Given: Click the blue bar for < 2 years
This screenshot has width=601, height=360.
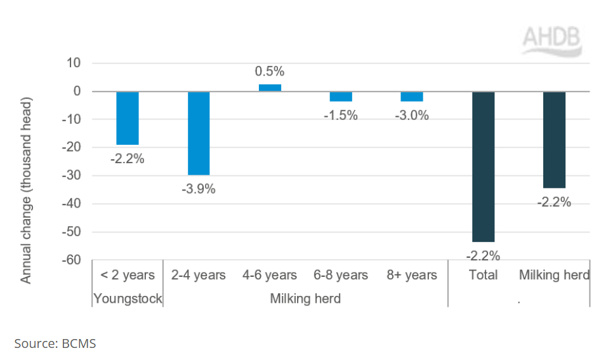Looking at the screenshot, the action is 128,118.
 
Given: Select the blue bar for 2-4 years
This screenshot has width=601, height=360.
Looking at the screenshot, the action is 199,133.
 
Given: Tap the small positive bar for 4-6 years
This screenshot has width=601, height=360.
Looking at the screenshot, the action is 270,88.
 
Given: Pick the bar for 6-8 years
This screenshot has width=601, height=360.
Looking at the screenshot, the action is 341,97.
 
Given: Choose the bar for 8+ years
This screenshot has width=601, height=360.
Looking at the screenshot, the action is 412,97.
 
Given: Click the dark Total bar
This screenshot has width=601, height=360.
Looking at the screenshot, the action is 484,167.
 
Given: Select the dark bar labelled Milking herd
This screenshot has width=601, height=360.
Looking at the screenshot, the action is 554,140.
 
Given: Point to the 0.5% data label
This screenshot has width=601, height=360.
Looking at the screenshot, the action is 270,71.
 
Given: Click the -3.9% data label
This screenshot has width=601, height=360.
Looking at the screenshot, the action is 199,189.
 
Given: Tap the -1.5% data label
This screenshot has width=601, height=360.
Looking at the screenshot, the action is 341,115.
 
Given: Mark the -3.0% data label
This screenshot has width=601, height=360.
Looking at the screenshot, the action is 412,115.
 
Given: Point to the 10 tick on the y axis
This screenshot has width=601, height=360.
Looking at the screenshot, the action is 74,63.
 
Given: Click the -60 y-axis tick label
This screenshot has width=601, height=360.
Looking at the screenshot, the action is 72,260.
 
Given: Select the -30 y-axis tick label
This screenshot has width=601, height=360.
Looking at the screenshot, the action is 72,176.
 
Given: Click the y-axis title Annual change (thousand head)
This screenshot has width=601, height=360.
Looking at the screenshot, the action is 25,190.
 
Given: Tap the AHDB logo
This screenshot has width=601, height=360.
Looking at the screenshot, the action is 552,41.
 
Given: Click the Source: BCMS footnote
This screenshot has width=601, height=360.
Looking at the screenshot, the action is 55,343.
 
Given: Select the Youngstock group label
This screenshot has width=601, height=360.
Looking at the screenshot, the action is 128,298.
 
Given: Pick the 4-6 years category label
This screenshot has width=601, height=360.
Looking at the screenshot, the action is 270,275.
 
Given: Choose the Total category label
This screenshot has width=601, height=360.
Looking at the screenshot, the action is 484,275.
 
